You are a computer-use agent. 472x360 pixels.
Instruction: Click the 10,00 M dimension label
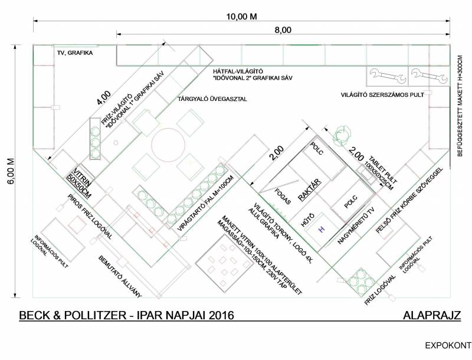coord(242,17)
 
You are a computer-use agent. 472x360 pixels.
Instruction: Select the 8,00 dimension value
coord(283,30)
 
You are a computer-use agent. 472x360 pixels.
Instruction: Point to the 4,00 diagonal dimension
coord(104,98)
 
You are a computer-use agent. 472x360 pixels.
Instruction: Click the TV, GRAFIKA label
coord(75,53)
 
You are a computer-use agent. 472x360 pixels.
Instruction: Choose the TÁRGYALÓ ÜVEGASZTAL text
coord(212,99)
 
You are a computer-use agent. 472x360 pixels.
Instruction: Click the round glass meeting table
coord(168,145)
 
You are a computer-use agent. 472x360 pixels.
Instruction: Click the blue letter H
coord(322,229)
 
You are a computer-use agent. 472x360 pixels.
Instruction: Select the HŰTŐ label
coord(307,220)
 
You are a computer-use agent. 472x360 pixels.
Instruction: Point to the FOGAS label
coord(283,197)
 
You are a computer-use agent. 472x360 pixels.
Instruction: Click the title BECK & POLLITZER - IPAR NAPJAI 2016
coord(126,315)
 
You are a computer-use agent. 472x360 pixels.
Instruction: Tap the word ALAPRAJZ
coord(432,315)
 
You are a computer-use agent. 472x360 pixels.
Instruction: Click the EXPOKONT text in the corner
coord(448,345)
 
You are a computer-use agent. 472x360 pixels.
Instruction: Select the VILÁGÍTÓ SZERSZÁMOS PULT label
coord(382,94)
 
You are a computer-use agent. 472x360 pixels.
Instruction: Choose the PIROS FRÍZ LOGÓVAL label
coord(90,216)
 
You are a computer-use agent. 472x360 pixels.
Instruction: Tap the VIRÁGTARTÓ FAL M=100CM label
coord(205,204)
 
